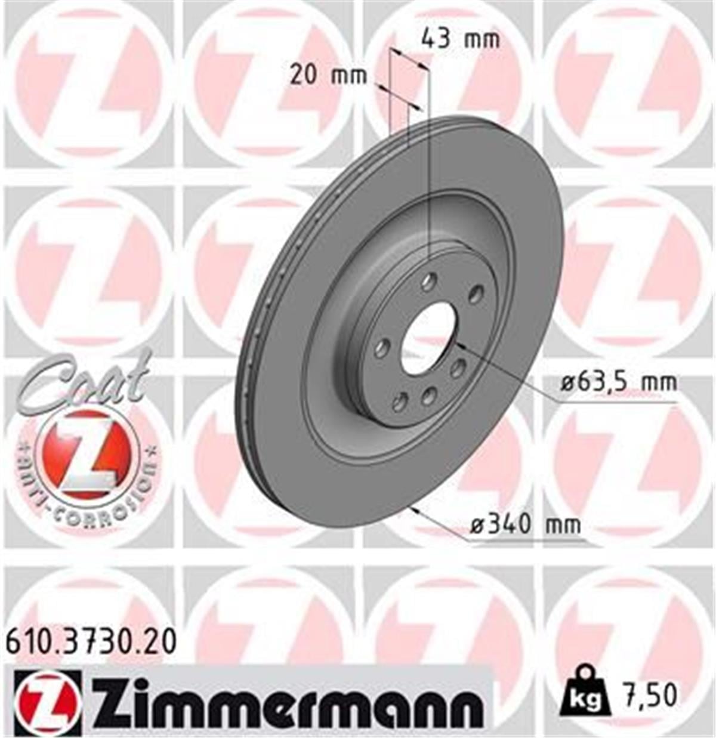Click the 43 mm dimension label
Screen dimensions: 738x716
(x=460, y=39)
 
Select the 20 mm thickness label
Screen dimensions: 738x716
(x=328, y=76)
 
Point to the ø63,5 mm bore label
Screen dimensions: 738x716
(x=619, y=382)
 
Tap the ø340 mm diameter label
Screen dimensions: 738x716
(x=525, y=525)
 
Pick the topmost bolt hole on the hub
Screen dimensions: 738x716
(x=429, y=282)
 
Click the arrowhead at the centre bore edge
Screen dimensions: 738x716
(x=459, y=346)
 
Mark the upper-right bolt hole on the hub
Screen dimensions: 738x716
(x=476, y=294)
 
